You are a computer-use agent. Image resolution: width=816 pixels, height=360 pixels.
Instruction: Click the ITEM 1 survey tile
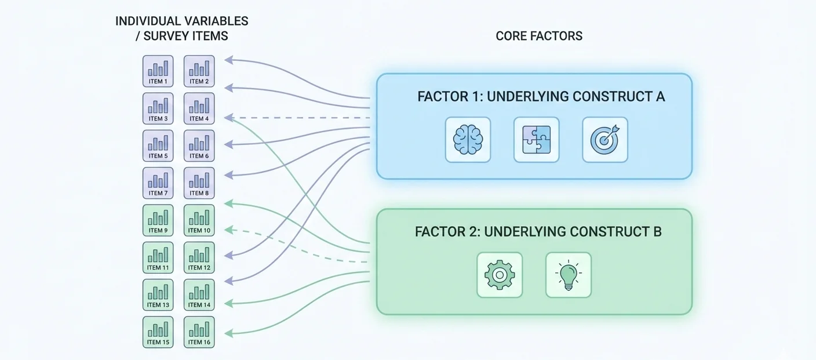pyautogui.click(x=158, y=71)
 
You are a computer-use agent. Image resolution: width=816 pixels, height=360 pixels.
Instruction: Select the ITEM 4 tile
pyautogui.click(x=199, y=108)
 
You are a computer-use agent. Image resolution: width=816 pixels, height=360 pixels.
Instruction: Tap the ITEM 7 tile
pyautogui.click(x=158, y=183)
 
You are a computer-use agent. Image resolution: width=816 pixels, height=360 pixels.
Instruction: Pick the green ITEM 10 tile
pyautogui.click(x=199, y=220)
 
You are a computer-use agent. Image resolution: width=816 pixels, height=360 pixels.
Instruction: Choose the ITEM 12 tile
pyautogui.click(x=199, y=257)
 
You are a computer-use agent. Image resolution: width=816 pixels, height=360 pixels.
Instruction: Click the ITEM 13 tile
pyautogui.click(x=158, y=294)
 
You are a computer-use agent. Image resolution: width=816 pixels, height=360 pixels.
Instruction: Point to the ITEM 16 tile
pyautogui.click(x=199, y=332)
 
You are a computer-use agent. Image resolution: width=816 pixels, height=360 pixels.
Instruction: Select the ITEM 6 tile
pyautogui.click(x=199, y=146)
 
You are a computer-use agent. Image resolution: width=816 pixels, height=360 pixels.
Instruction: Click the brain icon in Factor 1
pyautogui.click(x=468, y=140)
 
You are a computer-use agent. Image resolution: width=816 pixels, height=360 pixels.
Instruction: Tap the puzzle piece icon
pyautogui.click(x=536, y=140)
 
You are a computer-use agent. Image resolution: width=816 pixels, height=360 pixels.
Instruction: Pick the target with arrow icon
pyautogui.click(x=605, y=140)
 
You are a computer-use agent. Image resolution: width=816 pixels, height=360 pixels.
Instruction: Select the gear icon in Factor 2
pyautogui.click(x=499, y=275)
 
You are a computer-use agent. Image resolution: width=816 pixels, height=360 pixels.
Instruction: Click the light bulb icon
pyautogui.click(x=568, y=275)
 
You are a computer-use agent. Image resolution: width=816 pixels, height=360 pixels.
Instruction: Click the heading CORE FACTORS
pyautogui.click(x=539, y=36)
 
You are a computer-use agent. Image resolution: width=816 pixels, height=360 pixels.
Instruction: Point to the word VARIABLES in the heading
pyautogui.click(x=215, y=21)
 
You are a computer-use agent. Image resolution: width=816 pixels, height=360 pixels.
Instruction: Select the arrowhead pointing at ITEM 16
pyautogui.click(x=228, y=333)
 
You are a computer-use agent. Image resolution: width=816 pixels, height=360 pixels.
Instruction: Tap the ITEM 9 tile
pyautogui.click(x=158, y=220)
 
